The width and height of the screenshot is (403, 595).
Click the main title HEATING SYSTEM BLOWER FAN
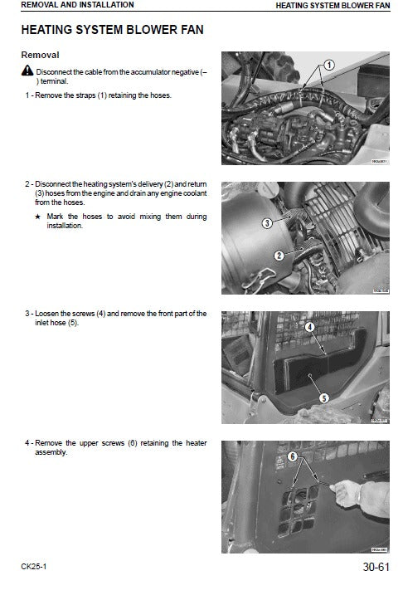(x=112, y=30)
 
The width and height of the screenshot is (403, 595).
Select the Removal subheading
(x=40, y=55)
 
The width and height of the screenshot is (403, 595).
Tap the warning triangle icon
(x=27, y=73)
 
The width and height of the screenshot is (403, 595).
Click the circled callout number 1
(x=328, y=65)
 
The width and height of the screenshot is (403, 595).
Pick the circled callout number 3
(x=267, y=223)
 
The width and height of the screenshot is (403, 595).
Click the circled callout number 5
(x=325, y=397)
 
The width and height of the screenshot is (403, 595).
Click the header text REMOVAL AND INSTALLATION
(x=66, y=5)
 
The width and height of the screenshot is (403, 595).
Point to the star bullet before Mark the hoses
(x=38, y=217)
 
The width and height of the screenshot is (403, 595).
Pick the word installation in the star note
(x=66, y=226)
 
